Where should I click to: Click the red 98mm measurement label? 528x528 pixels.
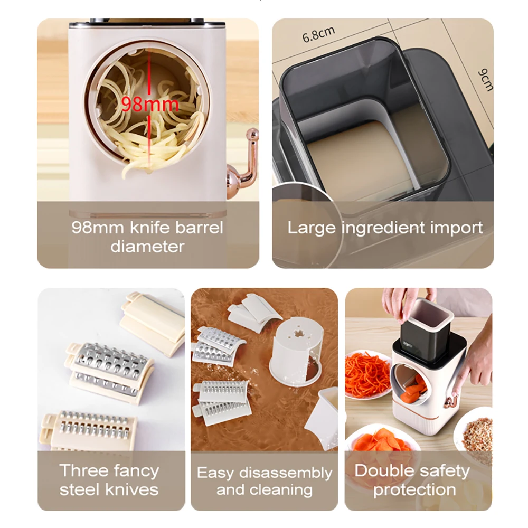[150, 103]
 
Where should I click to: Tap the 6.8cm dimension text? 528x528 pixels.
[318, 35]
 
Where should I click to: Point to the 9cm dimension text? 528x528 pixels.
[485, 79]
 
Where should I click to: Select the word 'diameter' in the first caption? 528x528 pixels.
[147, 246]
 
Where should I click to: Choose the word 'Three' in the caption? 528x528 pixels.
[84, 470]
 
